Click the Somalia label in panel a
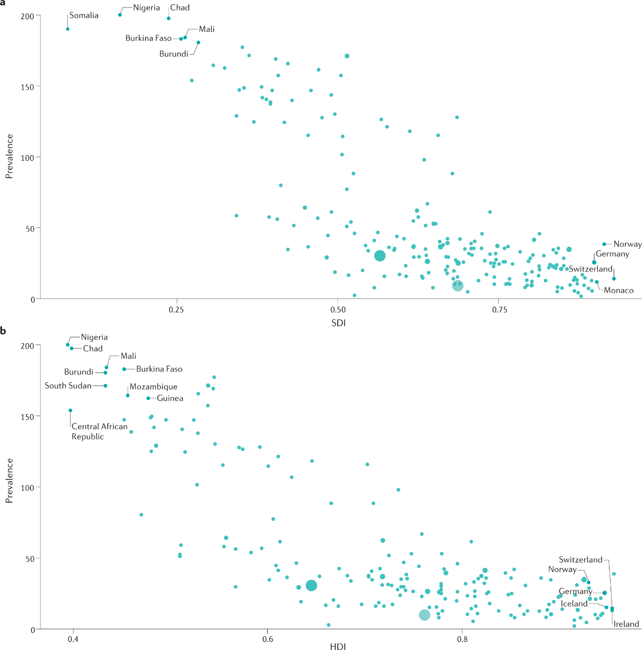pos(84,16)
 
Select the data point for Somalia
pos(68,29)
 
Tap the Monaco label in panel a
pos(619,290)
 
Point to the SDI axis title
pos(338,323)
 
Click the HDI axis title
pos(338,645)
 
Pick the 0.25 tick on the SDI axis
pos(176,309)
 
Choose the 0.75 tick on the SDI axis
pos(499,309)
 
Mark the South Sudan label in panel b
pos(68,386)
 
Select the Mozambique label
pos(153,387)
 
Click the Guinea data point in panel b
pos(148,398)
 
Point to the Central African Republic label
pos(99,431)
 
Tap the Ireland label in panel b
pos(626,624)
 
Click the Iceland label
pos(574,604)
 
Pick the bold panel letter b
pos(3,331)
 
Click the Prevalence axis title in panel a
pos(9,156)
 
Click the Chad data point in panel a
pos(169,18)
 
